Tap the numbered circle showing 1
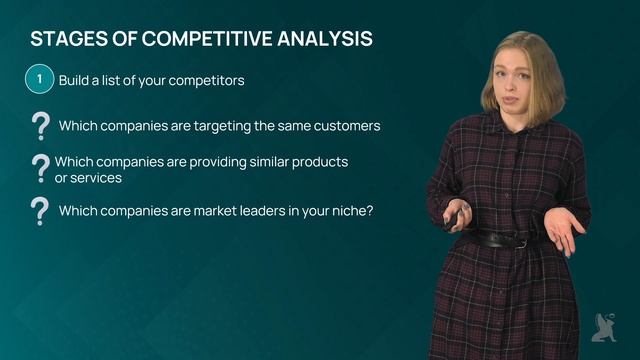click(x=39, y=79)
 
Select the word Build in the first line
click(x=76, y=79)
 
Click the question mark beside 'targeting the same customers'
click(x=41, y=126)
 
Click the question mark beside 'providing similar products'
click(x=41, y=169)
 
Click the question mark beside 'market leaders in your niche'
click(x=41, y=211)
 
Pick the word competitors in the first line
click(x=205, y=79)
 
